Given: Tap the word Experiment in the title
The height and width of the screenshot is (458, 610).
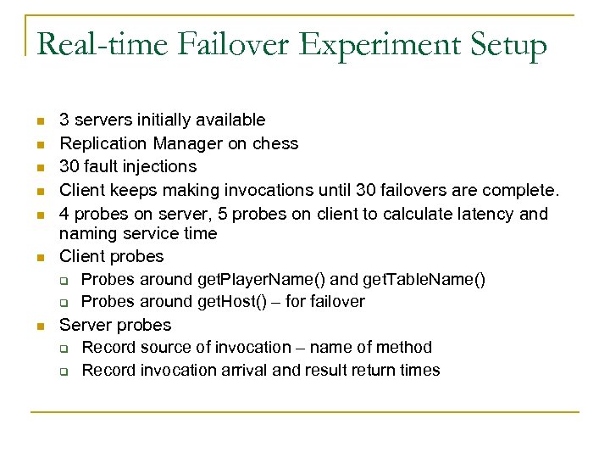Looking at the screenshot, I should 369,47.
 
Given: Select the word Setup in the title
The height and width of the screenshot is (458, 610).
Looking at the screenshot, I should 505,47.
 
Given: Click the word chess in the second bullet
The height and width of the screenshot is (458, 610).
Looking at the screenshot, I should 276,143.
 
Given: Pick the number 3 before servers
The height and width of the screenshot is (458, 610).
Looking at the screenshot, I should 64,120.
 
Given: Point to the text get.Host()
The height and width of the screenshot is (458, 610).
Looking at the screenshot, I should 236,301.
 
